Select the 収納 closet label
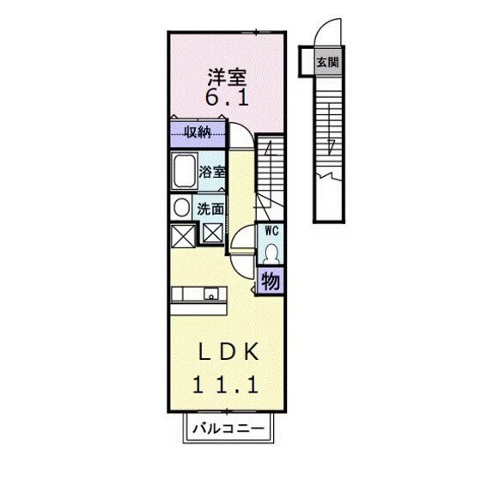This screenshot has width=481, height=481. (198, 132)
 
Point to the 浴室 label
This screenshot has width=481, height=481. (212, 171)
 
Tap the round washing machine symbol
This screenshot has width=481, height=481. (181, 207)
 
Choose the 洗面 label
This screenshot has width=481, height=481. (211, 209)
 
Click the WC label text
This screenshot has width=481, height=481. (271, 230)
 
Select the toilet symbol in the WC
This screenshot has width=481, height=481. (271, 252)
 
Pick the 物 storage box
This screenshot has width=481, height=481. (270, 281)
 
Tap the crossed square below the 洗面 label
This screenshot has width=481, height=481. (212, 231)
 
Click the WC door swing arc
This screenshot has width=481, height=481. (243, 236)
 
